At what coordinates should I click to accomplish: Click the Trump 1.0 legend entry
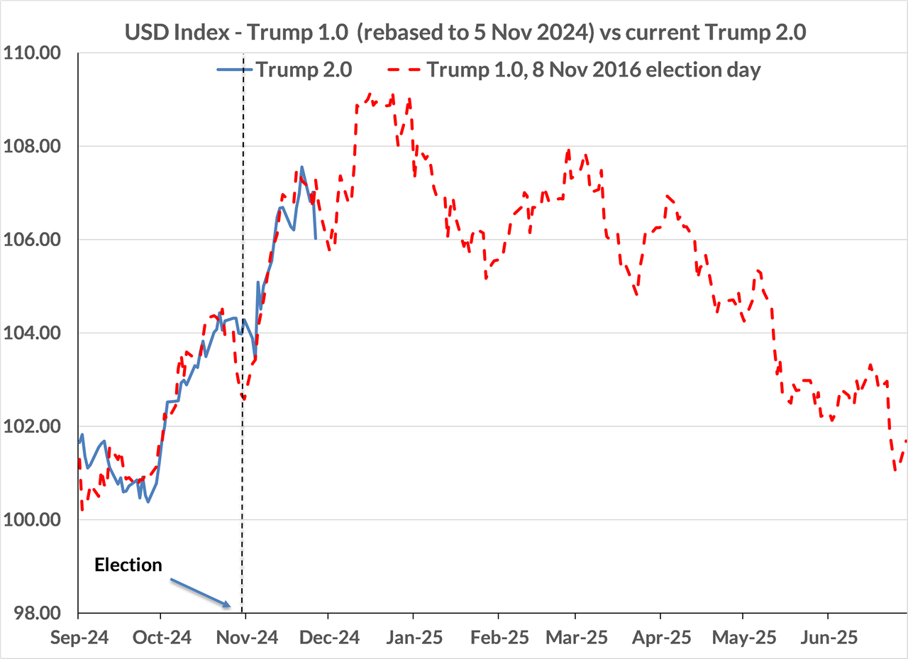click(x=574, y=70)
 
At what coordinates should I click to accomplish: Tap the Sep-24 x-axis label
click(x=79, y=638)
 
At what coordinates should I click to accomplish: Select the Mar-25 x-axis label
click(x=576, y=638)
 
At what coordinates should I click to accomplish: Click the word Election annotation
click(x=128, y=565)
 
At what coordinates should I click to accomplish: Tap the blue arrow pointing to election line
click(x=201, y=592)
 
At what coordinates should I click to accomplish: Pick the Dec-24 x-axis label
click(x=328, y=638)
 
